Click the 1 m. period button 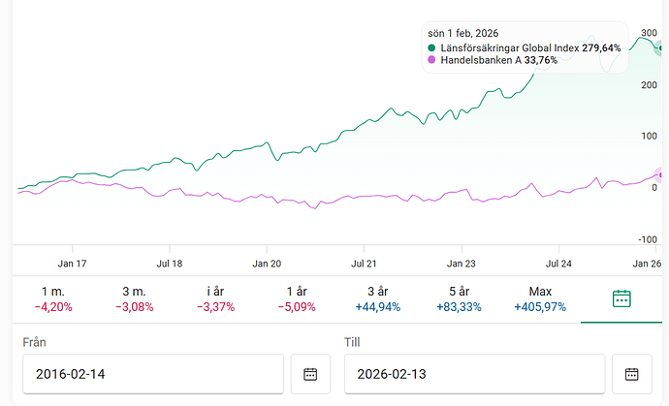pyautogui.click(x=52, y=299)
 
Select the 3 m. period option pyautogui.click(x=134, y=299)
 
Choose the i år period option pyautogui.click(x=215, y=299)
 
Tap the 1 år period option pyautogui.click(x=297, y=299)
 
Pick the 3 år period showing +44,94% pyautogui.click(x=378, y=299)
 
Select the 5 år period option pyautogui.click(x=460, y=299)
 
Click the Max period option pyautogui.click(x=540, y=299)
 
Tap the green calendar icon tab pyautogui.click(x=622, y=298)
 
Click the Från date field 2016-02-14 pyautogui.click(x=152, y=374)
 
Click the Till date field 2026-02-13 pyautogui.click(x=474, y=374)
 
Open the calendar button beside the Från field pyautogui.click(x=310, y=374)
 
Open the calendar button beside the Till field pyautogui.click(x=632, y=374)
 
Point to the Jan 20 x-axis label pyautogui.click(x=267, y=263)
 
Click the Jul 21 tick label pyautogui.click(x=365, y=263)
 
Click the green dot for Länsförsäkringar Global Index pyautogui.click(x=431, y=47)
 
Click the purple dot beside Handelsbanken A pyautogui.click(x=431, y=60)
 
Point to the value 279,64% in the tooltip pyautogui.click(x=601, y=47)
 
